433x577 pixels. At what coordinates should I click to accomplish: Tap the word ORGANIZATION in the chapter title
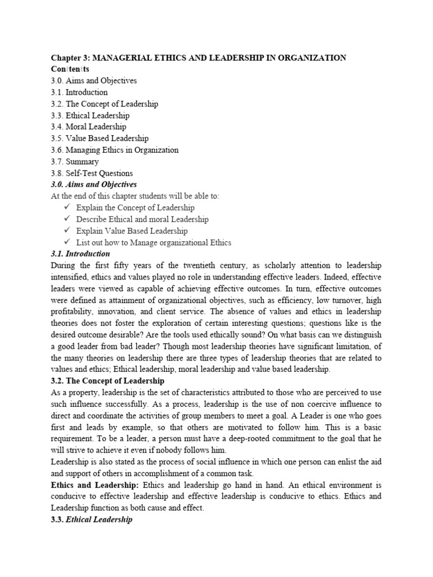point(308,58)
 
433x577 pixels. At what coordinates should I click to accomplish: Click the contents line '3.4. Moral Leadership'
point(89,127)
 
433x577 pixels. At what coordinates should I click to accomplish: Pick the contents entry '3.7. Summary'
point(74,162)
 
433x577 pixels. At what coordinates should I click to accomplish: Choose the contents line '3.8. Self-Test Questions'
point(92,174)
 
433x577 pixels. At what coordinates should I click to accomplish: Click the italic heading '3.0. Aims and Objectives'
point(94,185)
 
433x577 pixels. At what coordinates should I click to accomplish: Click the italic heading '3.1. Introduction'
point(80,254)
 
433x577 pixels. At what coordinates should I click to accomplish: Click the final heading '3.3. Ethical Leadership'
point(91,520)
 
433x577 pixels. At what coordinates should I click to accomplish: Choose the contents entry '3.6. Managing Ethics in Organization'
point(114,150)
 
